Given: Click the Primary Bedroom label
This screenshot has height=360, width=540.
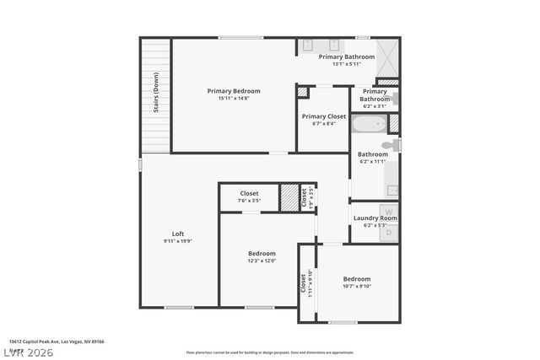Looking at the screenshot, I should click(234, 91).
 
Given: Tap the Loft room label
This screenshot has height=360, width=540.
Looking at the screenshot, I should click(178, 234).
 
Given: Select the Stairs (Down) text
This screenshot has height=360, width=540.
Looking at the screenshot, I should click(156, 93).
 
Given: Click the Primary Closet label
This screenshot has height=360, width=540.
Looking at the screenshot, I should click(324, 116).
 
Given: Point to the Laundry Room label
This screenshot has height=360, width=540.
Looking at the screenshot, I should click(375, 218).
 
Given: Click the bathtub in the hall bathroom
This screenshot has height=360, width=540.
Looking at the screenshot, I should click(369, 126).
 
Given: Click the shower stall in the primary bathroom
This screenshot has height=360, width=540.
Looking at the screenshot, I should click(387, 56).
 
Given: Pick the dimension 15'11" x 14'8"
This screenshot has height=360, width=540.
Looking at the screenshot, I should click(234, 99).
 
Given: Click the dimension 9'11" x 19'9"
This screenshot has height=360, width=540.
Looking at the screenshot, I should click(178, 242).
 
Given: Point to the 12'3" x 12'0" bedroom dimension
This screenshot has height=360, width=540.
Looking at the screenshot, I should click(262, 261).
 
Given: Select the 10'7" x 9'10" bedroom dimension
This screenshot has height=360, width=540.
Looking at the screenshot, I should click(356, 286).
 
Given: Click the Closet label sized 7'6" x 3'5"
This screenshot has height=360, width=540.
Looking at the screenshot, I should click(249, 193).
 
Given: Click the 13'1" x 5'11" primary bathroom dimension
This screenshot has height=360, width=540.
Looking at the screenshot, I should click(346, 64).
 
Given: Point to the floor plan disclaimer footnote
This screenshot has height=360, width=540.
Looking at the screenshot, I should click(269, 352).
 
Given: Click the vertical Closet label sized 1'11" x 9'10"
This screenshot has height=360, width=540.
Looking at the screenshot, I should click(302, 283).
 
